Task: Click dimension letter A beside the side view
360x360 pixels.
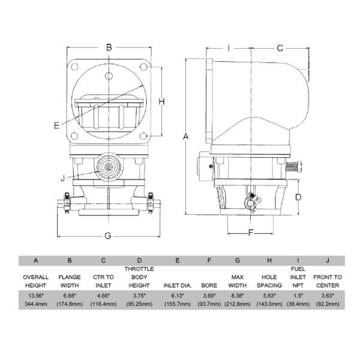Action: click(x=186, y=136)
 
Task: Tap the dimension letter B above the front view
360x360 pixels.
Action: click(x=109, y=47)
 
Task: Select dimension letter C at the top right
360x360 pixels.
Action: click(x=280, y=47)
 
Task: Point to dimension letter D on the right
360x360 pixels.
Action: click(x=298, y=196)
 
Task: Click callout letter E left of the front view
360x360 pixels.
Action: click(x=56, y=125)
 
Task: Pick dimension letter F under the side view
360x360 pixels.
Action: click(x=251, y=232)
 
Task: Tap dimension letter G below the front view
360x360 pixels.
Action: click(x=108, y=236)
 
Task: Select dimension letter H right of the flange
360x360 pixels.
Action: click(x=161, y=102)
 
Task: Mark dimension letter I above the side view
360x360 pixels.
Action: click(x=229, y=47)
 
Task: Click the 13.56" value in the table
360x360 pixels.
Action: click(x=36, y=295)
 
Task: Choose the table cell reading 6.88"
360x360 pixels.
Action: click(x=70, y=295)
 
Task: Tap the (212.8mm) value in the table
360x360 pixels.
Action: click(x=238, y=304)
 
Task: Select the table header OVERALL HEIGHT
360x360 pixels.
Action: click(x=36, y=281)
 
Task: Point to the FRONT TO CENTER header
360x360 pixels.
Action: click(x=327, y=281)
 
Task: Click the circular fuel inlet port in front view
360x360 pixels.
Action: click(x=108, y=166)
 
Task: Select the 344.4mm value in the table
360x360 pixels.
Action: click(x=36, y=304)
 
